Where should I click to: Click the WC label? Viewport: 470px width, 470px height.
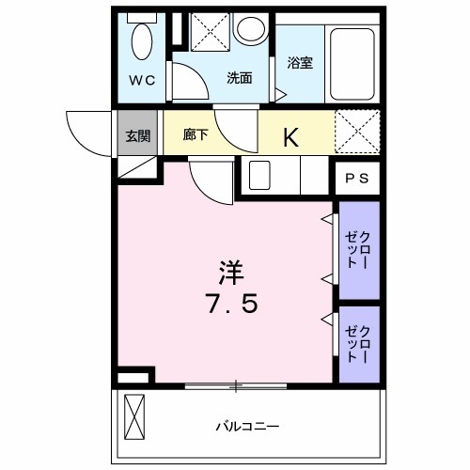[142, 80]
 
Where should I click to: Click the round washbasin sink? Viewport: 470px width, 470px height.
[251, 29]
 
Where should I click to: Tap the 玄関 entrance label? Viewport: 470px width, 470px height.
[138, 135]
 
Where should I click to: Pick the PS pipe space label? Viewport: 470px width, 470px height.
[357, 178]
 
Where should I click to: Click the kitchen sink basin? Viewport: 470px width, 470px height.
[260, 175]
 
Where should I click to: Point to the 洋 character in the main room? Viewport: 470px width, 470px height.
[231, 273]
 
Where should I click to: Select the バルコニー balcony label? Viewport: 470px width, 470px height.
[241, 425]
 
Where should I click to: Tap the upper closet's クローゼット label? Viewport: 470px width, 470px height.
[358, 249]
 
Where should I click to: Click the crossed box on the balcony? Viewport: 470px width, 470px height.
[136, 417]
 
